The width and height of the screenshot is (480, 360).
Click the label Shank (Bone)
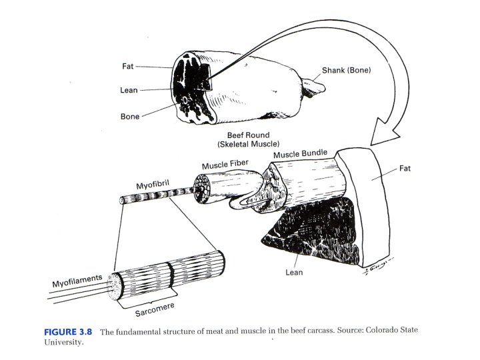[x=346, y=70]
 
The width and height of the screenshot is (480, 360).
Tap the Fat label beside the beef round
[x=128, y=66]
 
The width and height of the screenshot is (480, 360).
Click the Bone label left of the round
[x=130, y=117]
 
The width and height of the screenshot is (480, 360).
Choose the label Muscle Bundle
[x=300, y=154]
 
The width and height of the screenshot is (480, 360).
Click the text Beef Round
[x=247, y=135]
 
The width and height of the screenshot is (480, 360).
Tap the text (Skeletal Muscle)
[x=247, y=144]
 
